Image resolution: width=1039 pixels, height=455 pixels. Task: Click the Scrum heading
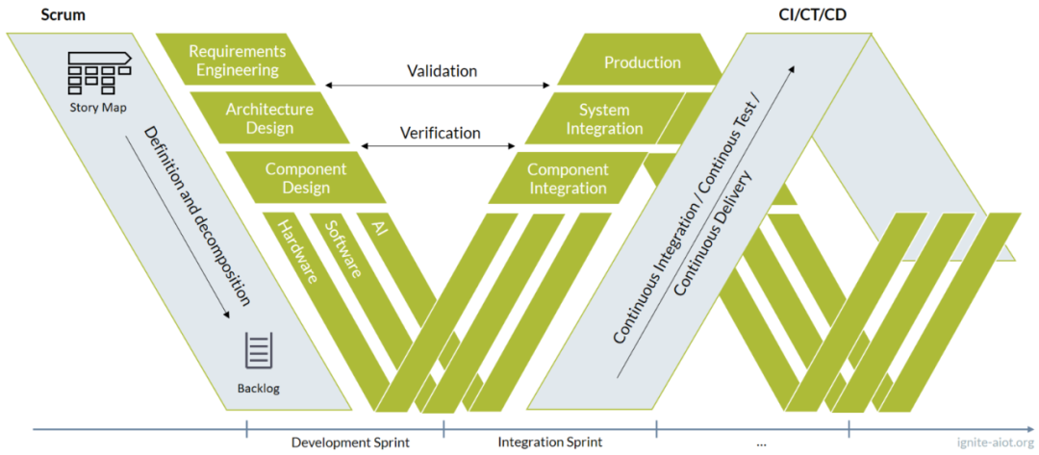[63, 14]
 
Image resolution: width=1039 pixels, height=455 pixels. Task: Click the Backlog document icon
[259, 350]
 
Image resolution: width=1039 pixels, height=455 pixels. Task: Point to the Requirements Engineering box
[237, 60]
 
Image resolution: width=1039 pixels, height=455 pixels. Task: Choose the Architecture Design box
[269, 118]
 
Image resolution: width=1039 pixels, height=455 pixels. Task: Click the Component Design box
[306, 177]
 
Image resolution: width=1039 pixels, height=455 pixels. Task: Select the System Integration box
[604, 118]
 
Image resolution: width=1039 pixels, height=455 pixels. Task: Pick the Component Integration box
[568, 177]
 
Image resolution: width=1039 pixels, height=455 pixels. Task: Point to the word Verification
[440, 133]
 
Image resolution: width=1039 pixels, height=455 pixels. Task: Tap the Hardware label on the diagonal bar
[296, 252]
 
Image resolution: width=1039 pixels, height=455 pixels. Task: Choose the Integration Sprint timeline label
[549, 442]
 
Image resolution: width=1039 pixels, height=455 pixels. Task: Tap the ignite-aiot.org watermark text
[996, 442]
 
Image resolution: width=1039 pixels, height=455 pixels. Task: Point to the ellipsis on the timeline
[760, 443]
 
